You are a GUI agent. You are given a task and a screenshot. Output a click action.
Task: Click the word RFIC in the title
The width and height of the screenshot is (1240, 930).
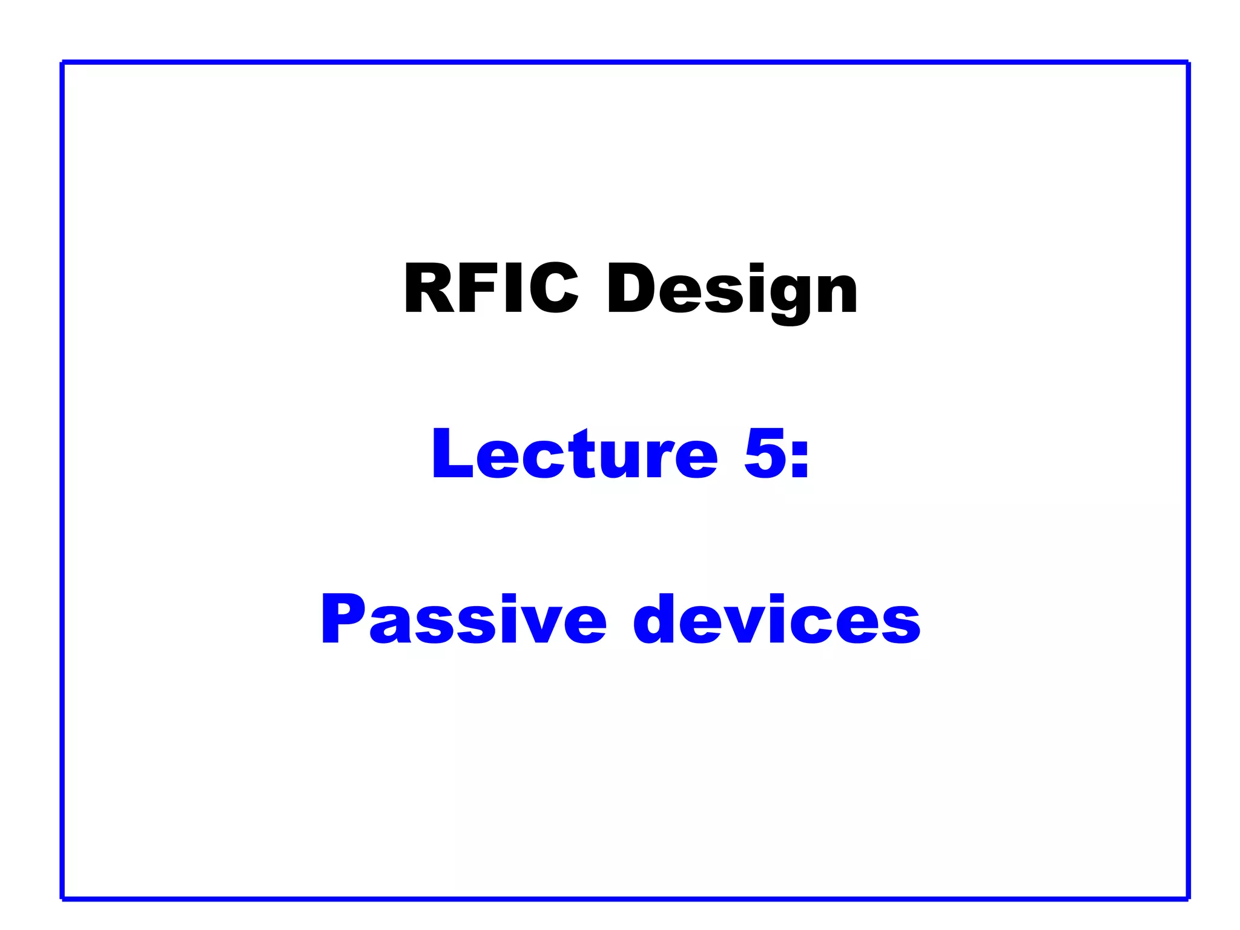pyautogui.click(x=491, y=288)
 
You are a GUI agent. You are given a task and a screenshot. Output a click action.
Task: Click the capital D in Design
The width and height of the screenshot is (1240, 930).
pyautogui.click(x=632, y=288)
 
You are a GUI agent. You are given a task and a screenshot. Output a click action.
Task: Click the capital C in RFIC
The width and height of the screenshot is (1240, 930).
pyautogui.click(x=553, y=288)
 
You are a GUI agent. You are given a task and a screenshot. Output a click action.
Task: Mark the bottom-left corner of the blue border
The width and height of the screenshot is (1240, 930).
pyautogui.click(x=63, y=899)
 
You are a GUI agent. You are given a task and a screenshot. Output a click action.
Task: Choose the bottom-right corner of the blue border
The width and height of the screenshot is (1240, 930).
pyautogui.click(x=1188, y=899)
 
